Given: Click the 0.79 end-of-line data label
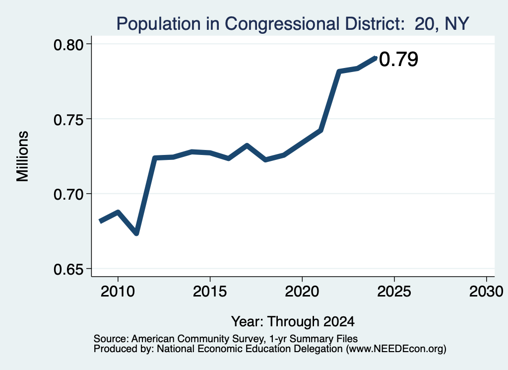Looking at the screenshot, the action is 398,59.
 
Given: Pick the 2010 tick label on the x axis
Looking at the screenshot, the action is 118,292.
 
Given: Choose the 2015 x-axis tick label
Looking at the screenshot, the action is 210,292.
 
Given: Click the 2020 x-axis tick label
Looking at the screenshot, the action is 302,292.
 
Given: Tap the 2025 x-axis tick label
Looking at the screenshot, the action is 394,292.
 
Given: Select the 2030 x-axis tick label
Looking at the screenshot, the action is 486,292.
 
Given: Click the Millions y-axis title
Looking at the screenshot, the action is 22,156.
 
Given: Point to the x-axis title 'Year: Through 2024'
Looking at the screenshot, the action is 293,322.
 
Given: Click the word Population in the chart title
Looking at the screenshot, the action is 158,24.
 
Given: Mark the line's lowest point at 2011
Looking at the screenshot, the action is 136,233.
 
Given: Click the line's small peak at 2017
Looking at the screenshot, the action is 247,146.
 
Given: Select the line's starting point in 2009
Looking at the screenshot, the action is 100,221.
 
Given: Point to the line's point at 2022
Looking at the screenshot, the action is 339,72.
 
